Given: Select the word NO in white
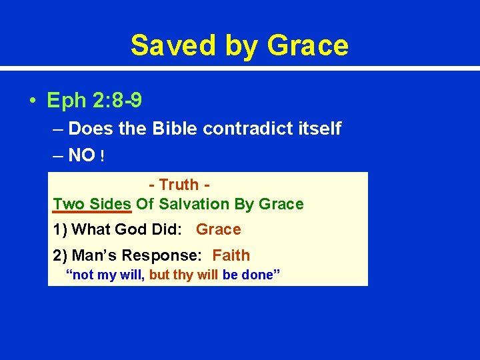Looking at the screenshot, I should click(x=81, y=155).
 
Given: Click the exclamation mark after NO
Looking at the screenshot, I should click(x=101, y=156).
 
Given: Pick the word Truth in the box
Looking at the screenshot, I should click(x=179, y=185).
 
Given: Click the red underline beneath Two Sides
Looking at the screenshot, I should click(x=93, y=213).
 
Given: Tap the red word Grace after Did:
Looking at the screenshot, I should click(x=218, y=229).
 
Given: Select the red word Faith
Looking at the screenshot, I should click(x=231, y=255).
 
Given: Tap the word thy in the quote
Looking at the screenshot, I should click(x=182, y=275).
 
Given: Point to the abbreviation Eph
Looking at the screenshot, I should click(x=64, y=101).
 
